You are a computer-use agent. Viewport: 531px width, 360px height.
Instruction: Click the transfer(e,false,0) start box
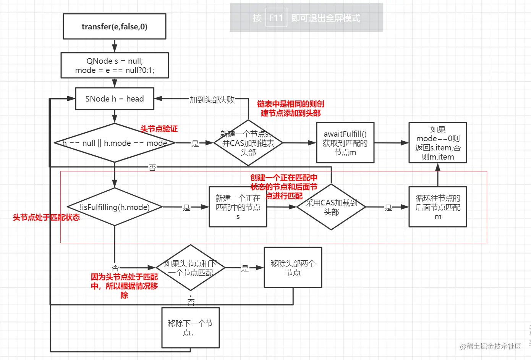click(114, 26)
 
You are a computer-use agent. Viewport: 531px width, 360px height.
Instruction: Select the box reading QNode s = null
click(115, 65)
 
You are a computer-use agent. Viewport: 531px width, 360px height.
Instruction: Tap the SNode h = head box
click(115, 99)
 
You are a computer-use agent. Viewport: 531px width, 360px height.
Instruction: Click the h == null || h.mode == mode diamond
click(115, 143)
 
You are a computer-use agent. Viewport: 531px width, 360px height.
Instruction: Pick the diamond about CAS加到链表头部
click(248, 143)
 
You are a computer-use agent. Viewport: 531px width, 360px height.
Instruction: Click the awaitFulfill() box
click(345, 143)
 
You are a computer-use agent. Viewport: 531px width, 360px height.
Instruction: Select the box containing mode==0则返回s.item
click(438, 143)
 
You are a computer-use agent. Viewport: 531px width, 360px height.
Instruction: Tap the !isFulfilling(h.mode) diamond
click(115, 207)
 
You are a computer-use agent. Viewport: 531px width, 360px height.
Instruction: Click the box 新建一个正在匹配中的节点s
click(238, 207)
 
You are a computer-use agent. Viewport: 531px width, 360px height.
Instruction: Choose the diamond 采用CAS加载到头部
click(331, 207)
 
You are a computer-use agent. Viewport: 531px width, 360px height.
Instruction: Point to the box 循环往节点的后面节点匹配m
click(438, 207)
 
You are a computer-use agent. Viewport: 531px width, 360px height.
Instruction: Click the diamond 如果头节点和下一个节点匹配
click(190, 268)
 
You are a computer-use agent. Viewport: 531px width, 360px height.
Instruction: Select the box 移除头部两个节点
click(293, 268)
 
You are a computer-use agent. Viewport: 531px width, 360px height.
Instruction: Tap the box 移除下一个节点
click(190, 328)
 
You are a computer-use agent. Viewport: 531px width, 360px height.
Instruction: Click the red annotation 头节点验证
click(159, 129)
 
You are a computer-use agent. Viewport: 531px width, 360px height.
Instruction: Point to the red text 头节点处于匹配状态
click(46, 217)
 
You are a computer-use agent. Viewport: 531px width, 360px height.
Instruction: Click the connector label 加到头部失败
click(212, 100)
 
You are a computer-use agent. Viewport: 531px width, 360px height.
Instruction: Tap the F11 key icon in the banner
click(276, 18)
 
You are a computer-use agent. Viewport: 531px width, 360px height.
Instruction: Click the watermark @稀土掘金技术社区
click(491, 346)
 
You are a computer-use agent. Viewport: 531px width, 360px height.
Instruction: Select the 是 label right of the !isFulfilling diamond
click(186, 207)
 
